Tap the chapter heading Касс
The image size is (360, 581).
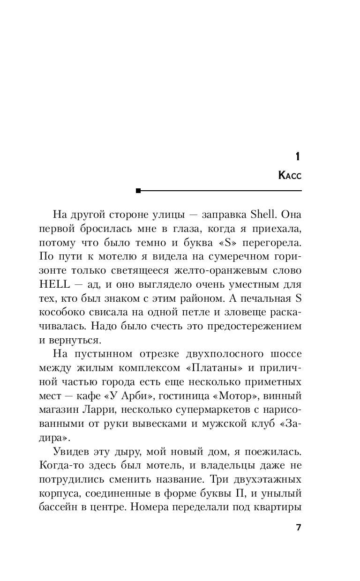click(x=290, y=176)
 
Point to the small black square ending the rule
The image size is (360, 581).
click(x=138, y=191)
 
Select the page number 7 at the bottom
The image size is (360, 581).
click(x=298, y=527)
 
